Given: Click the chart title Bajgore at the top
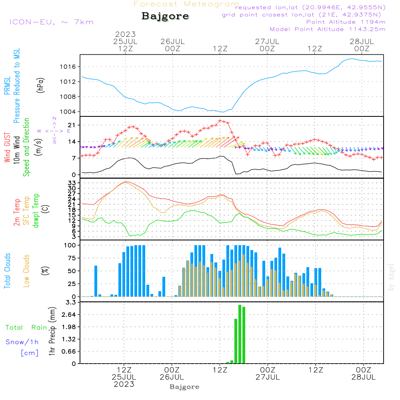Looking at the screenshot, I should tap(165, 16).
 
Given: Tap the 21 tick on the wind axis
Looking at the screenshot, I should tap(76, 125).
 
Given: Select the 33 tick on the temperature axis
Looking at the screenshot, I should tap(76, 183).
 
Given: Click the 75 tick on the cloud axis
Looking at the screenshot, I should tap(76, 258).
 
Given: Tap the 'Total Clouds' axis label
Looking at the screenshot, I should tap(7, 271).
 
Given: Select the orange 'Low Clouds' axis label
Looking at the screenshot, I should tap(26, 271).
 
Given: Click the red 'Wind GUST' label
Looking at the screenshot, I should tap(7, 148).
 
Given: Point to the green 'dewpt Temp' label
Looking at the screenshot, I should tap(36, 211).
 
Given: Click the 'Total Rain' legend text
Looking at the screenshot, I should tap(26, 328).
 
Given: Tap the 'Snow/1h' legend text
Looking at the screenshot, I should tap(22, 342).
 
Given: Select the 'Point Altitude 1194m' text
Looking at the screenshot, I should tap(346, 22).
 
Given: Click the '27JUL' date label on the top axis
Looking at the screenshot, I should tap(267, 41).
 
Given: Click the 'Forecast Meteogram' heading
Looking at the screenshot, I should tap(186, 4).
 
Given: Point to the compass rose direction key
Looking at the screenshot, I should tap(54, 130).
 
